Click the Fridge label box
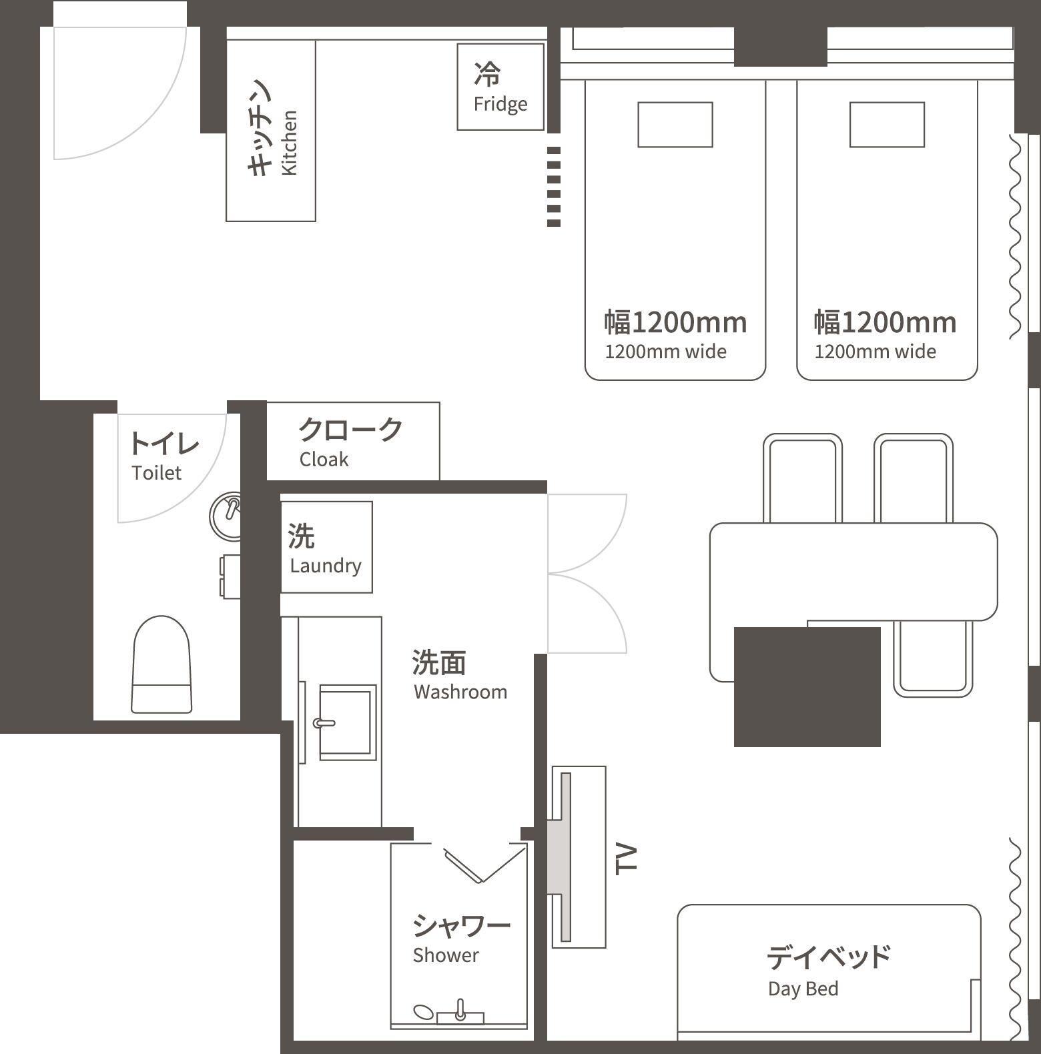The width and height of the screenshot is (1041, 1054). coord(500,87)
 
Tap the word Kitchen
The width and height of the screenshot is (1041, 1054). coord(289,143)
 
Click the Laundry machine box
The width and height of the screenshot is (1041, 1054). coord(326,547)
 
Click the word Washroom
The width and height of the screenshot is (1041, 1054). coord(460,692)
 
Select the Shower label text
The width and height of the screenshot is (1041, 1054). coord(446,955)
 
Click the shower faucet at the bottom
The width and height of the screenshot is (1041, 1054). coord(460,1012)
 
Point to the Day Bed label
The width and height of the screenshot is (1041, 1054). coord(803,988)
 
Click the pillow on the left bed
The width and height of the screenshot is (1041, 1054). coord(675,125)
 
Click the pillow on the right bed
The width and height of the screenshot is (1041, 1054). coord(887,125)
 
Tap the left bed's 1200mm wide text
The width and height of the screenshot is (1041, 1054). coord(665,352)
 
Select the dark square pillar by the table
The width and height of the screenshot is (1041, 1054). coord(807,686)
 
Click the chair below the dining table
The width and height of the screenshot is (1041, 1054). coord(932,658)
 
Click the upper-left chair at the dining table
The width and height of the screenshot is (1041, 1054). coord(802,477)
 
